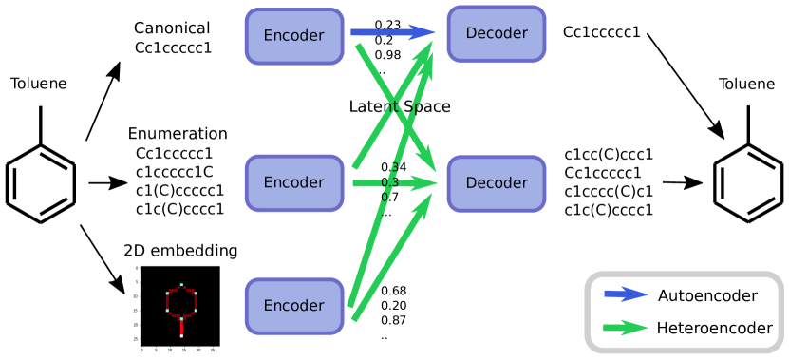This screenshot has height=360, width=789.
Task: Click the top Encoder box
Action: [293, 36]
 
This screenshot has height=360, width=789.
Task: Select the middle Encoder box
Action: [293, 182]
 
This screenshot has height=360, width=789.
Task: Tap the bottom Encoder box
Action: [293, 306]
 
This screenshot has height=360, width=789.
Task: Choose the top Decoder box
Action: [496, 34]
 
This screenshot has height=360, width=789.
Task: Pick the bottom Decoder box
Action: [496, 182]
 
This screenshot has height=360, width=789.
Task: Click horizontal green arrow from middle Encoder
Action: [370, 182]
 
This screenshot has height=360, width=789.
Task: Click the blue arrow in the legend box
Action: [626, 294]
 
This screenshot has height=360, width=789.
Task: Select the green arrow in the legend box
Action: [626, 328]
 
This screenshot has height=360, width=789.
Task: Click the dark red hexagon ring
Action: [169, 302]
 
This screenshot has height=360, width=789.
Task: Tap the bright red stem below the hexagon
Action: [181, 325]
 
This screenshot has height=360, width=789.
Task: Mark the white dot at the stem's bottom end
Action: [181, 334]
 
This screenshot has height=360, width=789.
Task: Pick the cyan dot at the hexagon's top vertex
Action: [181, 285]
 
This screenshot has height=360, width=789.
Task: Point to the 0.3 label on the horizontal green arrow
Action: [388, 181]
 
